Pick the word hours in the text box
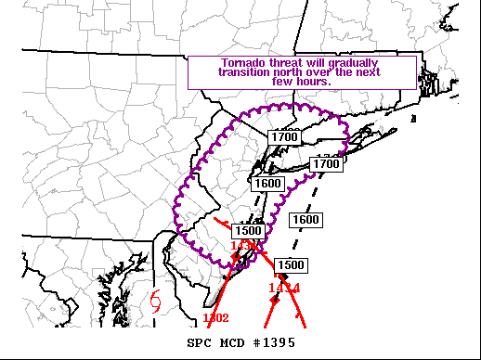pyautogui.click(x=313, y=82)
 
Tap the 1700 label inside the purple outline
pyautogui.click(x=284, y=137)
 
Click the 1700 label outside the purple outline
pyautogui.click(x=325, y=164)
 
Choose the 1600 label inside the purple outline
pyautogui.click(x=267, y=184)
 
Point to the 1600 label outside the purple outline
pyautogui.click(x=305, y=220)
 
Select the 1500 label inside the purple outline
pyautogui.click(x=248, y=231)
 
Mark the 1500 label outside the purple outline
pyautogui.click(x=290, y=265)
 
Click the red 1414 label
pyautogui.click(x=283, y=288)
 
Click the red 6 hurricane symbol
pyautogui.click(x=155, y=301)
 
